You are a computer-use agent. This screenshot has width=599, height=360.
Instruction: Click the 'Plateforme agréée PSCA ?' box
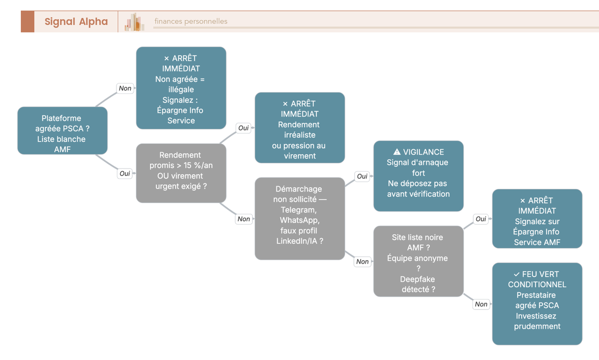(x=62, y=130)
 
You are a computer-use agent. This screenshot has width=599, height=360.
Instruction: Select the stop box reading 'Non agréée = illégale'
(x=181, y=88)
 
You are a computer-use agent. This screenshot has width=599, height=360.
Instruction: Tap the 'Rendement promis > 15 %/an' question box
(x=181, y=173)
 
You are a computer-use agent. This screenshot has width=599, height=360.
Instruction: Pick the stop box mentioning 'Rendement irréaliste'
(x=300, y=128)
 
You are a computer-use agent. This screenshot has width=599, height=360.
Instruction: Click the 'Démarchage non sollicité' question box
(x=300, y=219)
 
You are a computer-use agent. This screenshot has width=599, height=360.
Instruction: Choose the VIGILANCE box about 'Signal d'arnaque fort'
(x=418, y=176)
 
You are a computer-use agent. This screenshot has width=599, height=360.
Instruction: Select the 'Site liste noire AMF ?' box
(x=418, y=261)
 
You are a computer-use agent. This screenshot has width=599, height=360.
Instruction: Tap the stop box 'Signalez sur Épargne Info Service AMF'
(x=537, y=219)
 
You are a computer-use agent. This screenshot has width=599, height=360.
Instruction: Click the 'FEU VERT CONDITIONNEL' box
(x=537, y=304)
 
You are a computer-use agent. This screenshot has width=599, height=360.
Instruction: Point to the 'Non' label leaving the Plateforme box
(x=125, y=88)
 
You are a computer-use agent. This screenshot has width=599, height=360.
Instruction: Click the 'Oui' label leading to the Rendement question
(x=125, y=173)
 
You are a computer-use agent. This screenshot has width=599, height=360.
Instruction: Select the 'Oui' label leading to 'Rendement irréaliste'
(x=244, y=128)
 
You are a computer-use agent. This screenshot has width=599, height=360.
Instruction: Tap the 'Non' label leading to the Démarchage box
(x=244, y=219)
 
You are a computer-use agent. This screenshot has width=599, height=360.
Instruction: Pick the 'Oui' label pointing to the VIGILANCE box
(x=362, y=176)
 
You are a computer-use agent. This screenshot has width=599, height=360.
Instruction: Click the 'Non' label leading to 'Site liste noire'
(x=362, y=261)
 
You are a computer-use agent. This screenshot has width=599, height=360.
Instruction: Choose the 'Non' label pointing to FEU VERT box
(x=481, y=304)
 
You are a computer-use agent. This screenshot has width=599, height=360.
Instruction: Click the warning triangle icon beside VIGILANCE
(x=397, y=152)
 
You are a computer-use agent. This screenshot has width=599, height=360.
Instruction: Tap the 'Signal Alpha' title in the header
(x=76, y=21)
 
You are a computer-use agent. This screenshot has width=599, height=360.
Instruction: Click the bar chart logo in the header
(x=134, y=22)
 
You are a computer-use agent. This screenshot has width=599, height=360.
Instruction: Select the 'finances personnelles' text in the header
(x=191, y=21)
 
